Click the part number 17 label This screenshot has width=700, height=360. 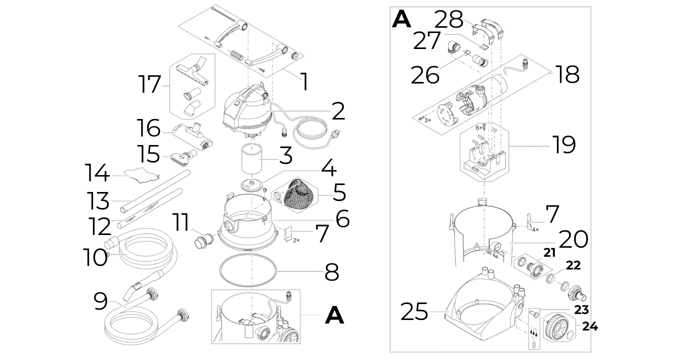(x=149, y=84)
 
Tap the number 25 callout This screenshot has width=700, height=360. (x=414, y=311)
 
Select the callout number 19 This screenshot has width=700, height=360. (x=564, y=144)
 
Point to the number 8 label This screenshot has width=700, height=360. (x=331, y=272)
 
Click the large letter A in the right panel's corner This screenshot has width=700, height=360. (x=401, y=19)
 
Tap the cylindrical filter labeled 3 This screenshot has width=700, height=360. (x=251, y=159)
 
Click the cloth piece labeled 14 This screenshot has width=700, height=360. (x=141, y=174)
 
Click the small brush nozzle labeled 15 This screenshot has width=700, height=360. (x=184, y=155)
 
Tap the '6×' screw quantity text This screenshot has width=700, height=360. (x=478, y=128)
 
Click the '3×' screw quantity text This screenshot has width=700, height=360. (x=427, y=120)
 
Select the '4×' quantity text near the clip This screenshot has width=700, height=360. (x=535, y=229)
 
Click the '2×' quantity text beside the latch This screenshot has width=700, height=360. (x=296, y=240)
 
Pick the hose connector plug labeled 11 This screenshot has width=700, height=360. (x=203, y=241)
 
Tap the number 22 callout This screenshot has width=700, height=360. (x=573, y=265)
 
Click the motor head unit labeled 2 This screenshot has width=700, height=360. (x=248, y=111)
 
